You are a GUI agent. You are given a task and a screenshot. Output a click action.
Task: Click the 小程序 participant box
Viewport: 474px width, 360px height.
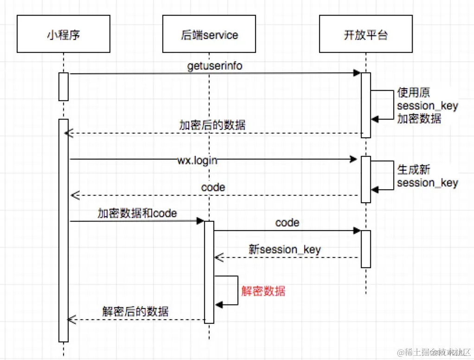(63, 35)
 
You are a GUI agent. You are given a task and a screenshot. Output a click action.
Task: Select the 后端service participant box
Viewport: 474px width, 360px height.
(209, 35)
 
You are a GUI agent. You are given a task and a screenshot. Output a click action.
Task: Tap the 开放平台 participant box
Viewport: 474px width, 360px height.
(365, 35)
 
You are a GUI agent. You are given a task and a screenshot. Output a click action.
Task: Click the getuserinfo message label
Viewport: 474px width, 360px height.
(215, 66)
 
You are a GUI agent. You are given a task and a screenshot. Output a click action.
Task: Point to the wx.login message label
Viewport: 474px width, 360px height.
(197, 161)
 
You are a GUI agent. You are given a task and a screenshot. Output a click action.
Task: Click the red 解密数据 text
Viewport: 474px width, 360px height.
(263, 291)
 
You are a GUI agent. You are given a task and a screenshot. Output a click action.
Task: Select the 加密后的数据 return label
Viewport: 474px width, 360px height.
(212, 125)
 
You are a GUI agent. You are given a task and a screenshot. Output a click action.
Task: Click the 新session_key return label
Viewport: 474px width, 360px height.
(284, 249)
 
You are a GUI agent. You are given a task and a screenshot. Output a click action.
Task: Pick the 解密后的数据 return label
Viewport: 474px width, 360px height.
(135, 311)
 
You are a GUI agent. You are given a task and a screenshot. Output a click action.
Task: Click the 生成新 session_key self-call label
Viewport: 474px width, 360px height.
(427, 176)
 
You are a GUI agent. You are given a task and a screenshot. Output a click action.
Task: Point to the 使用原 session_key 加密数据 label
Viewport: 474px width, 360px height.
(427, 106)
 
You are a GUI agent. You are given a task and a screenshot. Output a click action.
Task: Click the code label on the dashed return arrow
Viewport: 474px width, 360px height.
(213, 187)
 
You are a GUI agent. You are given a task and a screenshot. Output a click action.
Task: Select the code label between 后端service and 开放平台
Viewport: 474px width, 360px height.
(287, 223)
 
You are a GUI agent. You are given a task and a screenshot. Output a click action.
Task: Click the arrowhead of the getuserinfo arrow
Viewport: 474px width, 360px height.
(357, 73)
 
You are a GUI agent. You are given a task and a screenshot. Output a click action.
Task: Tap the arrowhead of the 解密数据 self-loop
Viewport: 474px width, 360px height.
(219, 304)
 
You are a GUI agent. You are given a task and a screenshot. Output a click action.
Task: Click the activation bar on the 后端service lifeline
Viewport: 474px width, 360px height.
(209, 272)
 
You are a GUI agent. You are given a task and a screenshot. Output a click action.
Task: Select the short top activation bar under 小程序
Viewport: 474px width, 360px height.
(64, 86)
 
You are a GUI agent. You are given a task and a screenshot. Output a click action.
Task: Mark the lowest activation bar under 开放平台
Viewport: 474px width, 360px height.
(366, 249)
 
